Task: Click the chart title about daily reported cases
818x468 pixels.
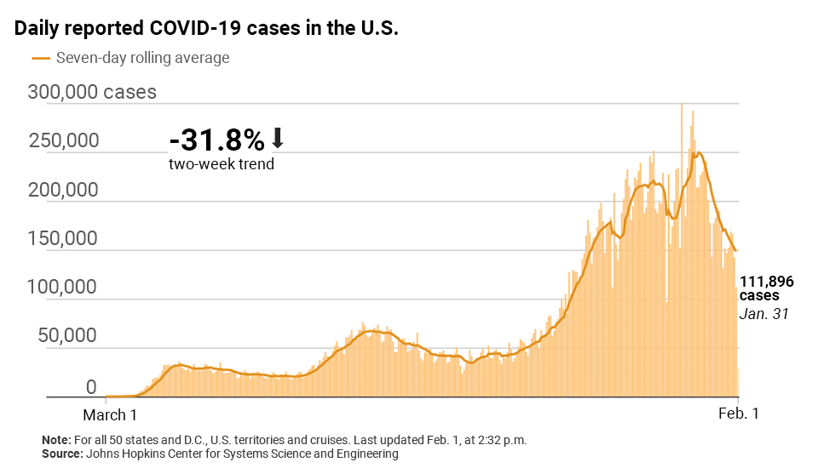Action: click(207, 28)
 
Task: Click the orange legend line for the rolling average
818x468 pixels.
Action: click(40, 58)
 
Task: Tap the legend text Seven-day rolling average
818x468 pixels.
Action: click(142, 58)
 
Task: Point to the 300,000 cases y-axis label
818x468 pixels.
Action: click(92, 92)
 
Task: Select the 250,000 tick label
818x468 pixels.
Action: click(65, 140)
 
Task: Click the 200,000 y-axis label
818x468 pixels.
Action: click(65, 190)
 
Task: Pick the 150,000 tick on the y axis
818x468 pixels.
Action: click(65, 239)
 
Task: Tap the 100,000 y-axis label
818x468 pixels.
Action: click(65, 288)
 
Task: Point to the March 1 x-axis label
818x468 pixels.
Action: click(109, 414)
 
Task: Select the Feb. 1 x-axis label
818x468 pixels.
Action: click(738, 414)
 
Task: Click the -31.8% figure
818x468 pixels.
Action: click(216, 139)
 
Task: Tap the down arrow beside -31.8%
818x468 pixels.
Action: click(278, 138)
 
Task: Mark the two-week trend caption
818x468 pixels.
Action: click(222, 163)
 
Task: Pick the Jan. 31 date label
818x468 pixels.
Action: click(763, 313)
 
